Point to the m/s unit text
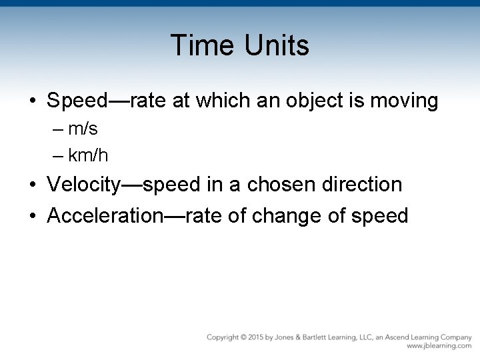(83, 129)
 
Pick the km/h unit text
(88, 156)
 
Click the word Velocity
(84, 185)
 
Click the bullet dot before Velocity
(33, 185)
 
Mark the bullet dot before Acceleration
(33, 216)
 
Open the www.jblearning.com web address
(438, 347)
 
